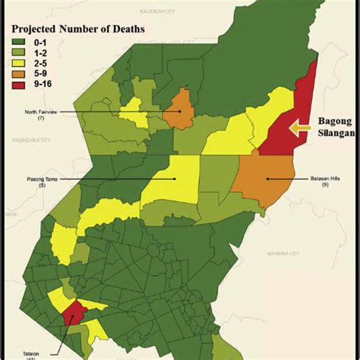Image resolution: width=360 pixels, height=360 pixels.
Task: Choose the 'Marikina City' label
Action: pos(283,254)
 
